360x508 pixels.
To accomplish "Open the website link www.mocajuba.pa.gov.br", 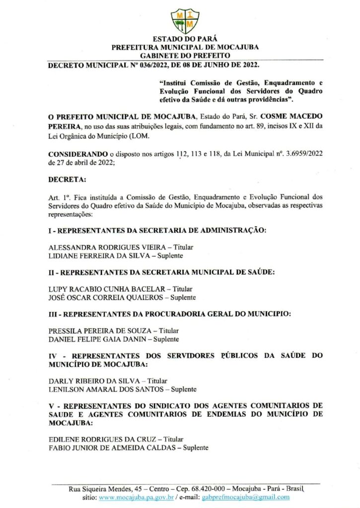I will pyautogui.click(x=136, y=497).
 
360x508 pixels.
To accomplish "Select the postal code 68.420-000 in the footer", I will pyautogui.click(x=201, y=489).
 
